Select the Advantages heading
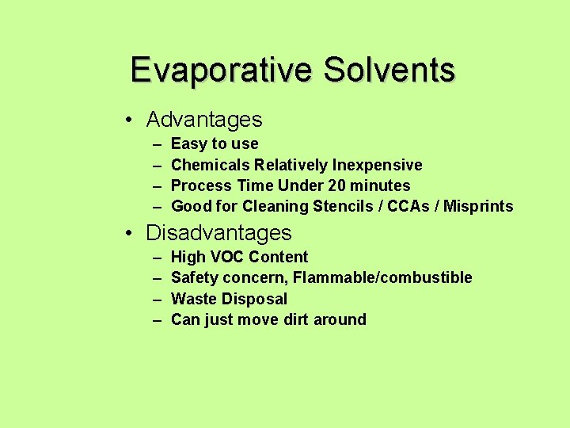point(204,120)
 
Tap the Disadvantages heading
point(219,233)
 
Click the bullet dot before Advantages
point(127,120)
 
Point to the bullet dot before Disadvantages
point(127,234)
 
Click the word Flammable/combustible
point(382,277)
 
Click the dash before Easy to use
point(156,144)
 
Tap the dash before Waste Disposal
point(156,299)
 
